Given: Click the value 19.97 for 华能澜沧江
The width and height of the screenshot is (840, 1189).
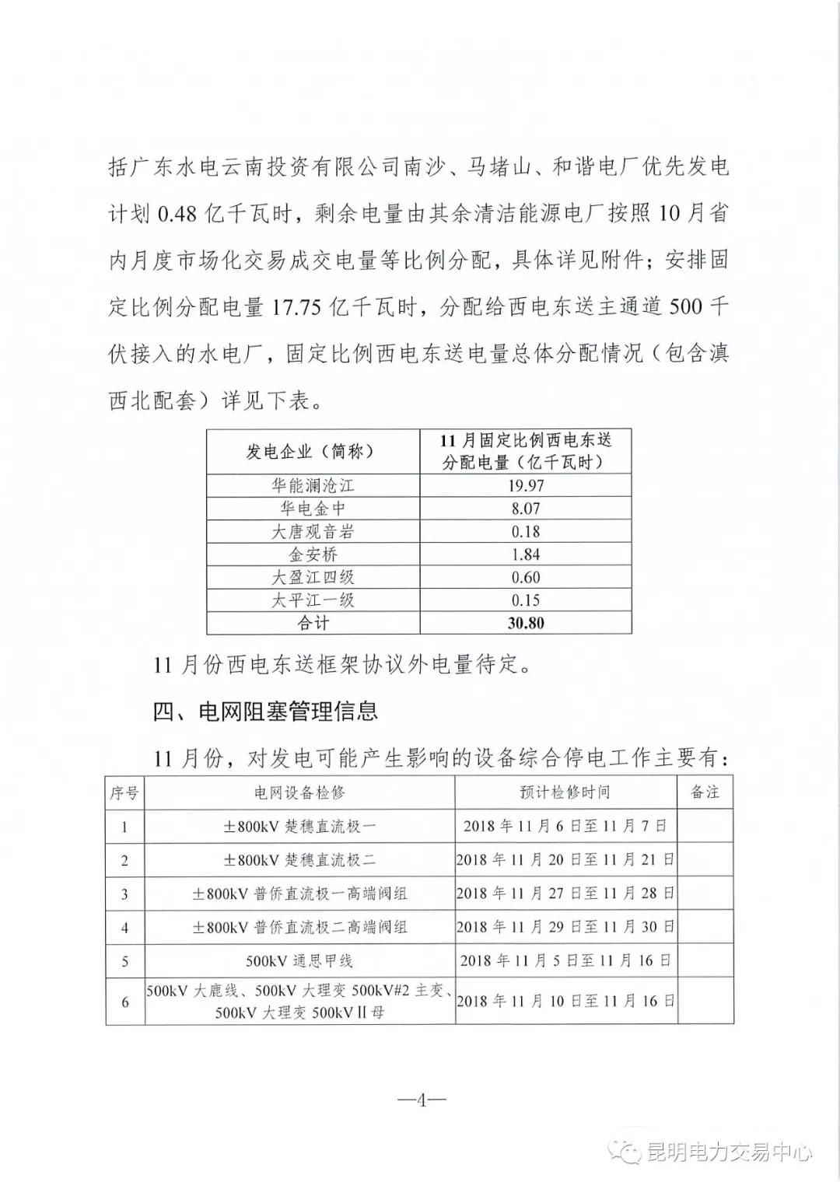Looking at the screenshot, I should point(525,486).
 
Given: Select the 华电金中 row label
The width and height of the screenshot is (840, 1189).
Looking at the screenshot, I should point(313,509).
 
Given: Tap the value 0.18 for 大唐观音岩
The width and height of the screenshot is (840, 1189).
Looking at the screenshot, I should point(525,532).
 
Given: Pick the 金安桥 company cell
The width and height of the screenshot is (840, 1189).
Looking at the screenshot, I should point(313,554).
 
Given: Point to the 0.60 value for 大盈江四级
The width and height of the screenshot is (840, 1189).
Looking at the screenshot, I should point(525,577).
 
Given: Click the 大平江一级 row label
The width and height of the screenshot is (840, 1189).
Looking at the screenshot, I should point(313,600).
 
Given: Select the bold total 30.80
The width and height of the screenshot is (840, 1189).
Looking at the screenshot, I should point(525,623).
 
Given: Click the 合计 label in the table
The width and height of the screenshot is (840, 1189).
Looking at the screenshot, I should point(313,623).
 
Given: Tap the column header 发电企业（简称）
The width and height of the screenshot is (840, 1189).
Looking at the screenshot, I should point(313,452).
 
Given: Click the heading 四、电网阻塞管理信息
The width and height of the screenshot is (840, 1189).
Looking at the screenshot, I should point(265,711).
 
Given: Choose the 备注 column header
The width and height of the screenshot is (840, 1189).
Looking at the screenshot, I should point(705,792).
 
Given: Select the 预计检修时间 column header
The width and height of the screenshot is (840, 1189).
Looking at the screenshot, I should point(565,792).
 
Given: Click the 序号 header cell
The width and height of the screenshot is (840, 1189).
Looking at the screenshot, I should point(124,793).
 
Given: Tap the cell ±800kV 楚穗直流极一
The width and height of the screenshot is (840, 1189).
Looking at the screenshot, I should point(299,827).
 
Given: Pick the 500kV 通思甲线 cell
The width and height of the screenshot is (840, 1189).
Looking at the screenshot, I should point(299,961).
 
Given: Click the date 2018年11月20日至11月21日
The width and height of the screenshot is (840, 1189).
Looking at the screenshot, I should point(565,860).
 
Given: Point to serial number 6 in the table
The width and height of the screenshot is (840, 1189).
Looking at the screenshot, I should point(124,1002).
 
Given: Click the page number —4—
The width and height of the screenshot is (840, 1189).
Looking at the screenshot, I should point(421,1100).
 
